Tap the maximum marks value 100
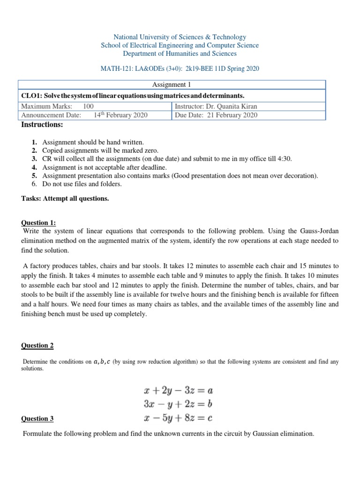(88, 106)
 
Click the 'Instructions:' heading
(43, 125)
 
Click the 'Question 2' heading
(37, 345)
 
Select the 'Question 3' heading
(37, 419)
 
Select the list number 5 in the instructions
(34, 176)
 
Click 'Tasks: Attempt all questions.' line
(65, 198)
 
